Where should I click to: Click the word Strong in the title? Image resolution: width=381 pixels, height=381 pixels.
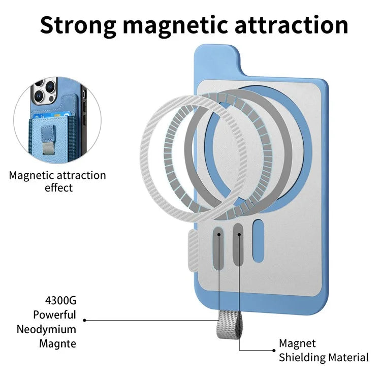pos(78,26)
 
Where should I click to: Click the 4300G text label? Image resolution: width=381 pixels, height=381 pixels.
pos(61,301)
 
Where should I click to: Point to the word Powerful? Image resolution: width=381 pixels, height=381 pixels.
pos(55,314)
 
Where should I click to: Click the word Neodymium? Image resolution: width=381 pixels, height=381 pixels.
pos(46,330)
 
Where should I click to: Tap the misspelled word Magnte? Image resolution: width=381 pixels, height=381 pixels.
pos(57,344)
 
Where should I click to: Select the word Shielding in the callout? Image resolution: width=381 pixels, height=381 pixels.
pos(302,358)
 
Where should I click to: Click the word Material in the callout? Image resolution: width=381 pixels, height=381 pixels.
pos(348,358)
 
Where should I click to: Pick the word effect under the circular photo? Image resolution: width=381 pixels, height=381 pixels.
pos(58,188)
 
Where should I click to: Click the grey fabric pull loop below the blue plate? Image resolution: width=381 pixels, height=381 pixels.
pos(229,325)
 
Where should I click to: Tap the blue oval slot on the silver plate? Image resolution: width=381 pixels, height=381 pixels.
pos(258,241)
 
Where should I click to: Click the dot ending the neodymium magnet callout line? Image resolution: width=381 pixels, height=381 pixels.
pos(84,320)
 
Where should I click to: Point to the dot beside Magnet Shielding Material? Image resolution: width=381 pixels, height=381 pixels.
pos(274,351)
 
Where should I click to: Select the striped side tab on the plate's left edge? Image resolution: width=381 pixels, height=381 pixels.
pos(193,250)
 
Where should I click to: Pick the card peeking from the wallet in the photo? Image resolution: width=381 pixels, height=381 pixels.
pos(51,116)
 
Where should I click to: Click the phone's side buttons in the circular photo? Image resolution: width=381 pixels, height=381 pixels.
pos(84,107)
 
